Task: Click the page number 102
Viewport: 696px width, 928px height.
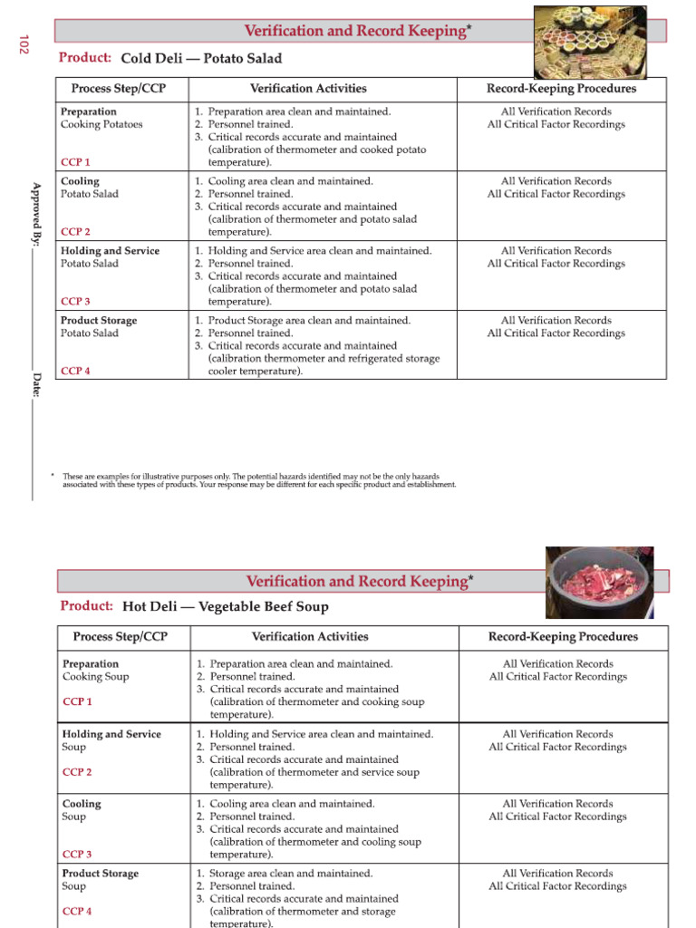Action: pyautogui.click(x=24, y=43)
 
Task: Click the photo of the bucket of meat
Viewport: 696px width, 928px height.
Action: pyautogui.click(x=599, y=581)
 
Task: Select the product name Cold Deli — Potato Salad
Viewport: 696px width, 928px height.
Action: pyautogui.click(x=201, y=58)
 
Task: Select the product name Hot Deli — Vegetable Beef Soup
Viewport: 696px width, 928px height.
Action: pyautogui.click(x=225, y=606)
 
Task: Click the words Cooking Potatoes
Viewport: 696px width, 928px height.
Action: pyautogui.click(x=101, y=124)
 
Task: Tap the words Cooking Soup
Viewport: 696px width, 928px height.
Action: pyautogui.click(x=95, y=676)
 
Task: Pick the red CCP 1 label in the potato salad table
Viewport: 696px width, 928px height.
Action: pyautogui.click(x=75, y=162)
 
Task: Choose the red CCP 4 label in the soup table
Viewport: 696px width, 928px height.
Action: pyautogui.click(x=77, y=911)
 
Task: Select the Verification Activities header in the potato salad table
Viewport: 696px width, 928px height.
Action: pyautogui.click(x=308, y=89)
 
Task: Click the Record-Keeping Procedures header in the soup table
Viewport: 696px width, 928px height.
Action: pyautogui.click(x=563, y=637)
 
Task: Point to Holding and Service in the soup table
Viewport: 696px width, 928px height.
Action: pyautogui.click(x=111, y=734)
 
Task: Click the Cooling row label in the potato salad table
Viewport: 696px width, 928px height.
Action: pyautogui.click(x=80, y=181)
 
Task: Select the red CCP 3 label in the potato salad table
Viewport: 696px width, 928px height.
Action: pyautogui.click(x=75, y=301)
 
